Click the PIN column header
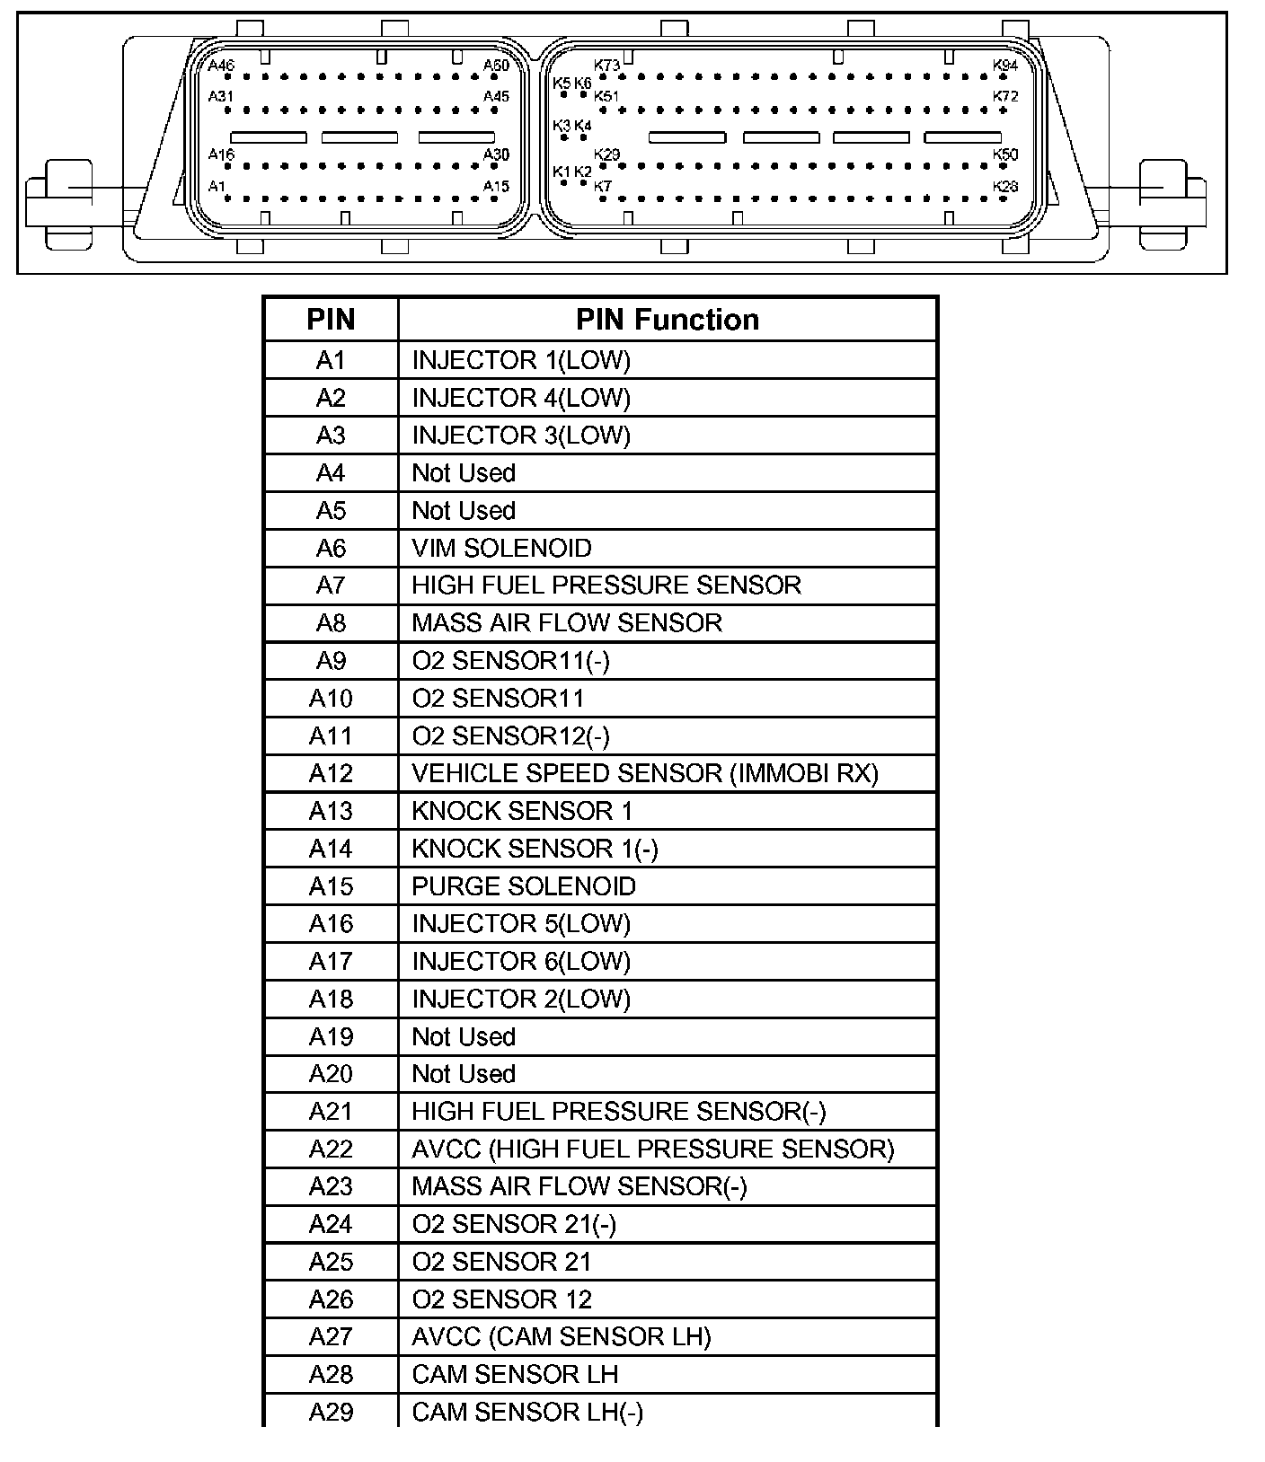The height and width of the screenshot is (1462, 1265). click(331, 320)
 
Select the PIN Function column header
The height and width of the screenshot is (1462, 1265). click(667, 320)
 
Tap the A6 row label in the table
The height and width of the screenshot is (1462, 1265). click(331, 548)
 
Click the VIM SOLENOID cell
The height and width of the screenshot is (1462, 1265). click(501, 548)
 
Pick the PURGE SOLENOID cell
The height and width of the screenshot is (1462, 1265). click(524, 886)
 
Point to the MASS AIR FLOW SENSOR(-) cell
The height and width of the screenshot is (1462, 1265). click(579, 1186)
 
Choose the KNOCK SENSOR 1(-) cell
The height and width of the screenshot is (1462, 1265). click(535, 849)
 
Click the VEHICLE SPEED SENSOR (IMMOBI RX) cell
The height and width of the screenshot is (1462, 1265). click(644, 773)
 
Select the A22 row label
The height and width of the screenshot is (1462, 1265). click(331, 1149)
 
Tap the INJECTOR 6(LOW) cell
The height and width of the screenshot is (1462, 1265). click(521, 962)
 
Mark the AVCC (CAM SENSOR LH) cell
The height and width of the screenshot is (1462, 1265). click(562, 1337)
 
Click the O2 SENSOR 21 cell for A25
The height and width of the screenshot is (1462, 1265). click(501, 1262)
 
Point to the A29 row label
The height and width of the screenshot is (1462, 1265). click(331, 1413)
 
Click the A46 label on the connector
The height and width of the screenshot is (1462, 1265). click(221, 66)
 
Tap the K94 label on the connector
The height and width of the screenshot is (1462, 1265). click(1005, 66)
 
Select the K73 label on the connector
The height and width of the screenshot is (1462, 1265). click(607, 66)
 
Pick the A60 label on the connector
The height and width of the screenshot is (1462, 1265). click(496, 66)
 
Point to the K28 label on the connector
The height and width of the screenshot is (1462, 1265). click(1005, 186)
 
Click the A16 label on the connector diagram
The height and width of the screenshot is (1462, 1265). click(221, 154)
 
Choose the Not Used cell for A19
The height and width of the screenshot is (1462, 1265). click(464, 1036)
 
